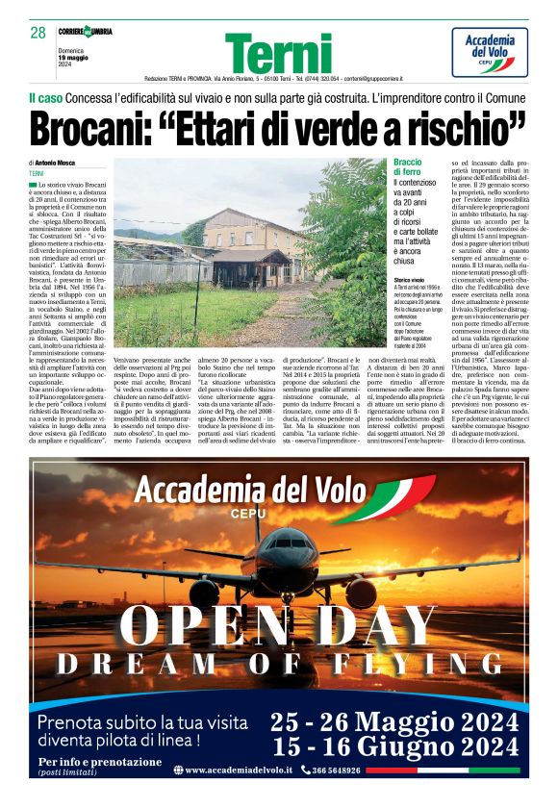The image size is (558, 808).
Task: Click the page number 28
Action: point(38,32)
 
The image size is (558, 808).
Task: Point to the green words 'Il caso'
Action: point(45,99)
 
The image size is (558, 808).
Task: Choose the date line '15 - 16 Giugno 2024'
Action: point(394,747)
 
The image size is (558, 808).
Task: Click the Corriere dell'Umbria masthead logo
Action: point(84,32)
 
